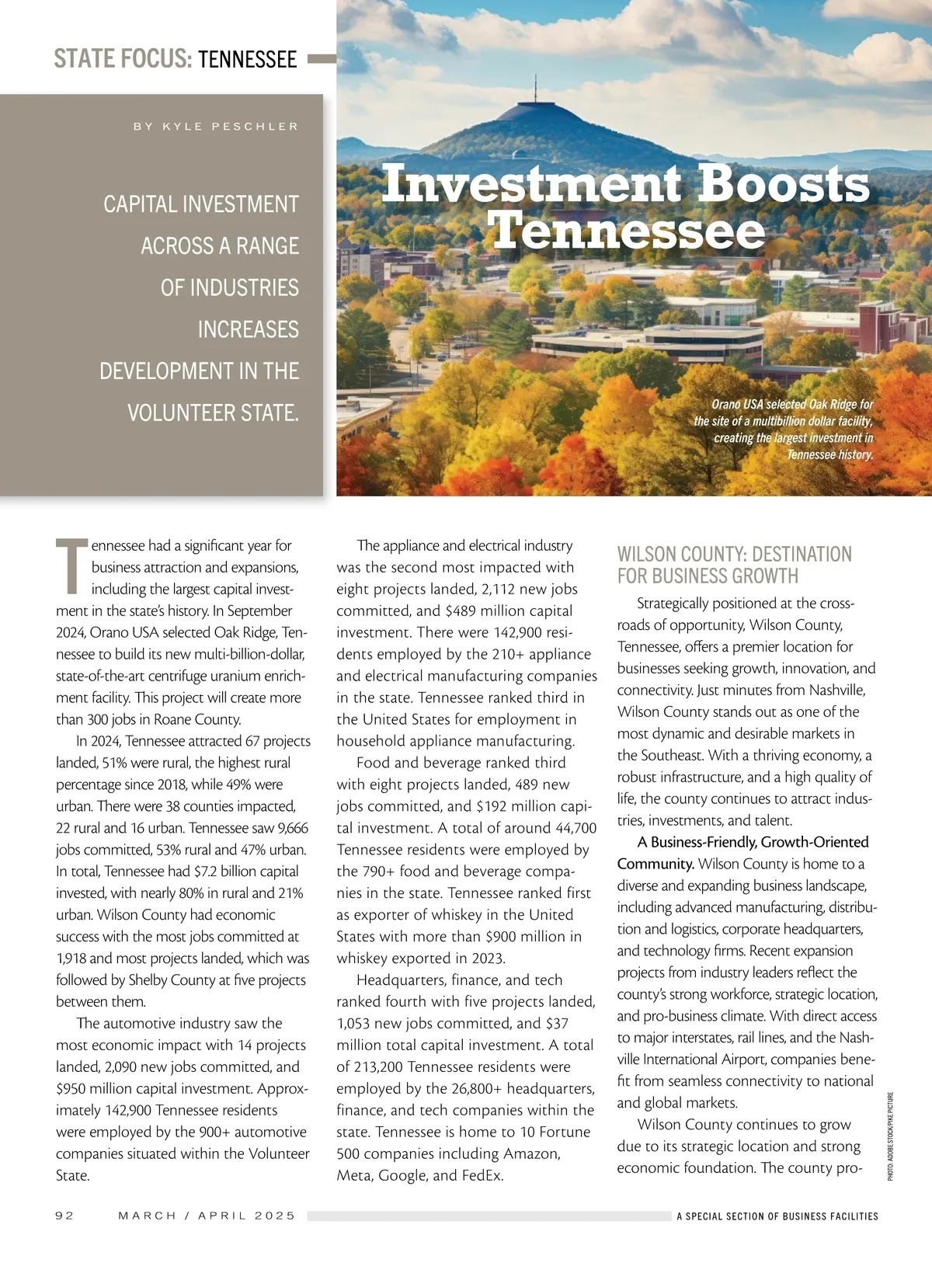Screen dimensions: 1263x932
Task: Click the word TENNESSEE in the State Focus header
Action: (247, 59)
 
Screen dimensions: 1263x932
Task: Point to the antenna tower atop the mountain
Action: (535, 88)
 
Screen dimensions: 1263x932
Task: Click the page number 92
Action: (65, 1216)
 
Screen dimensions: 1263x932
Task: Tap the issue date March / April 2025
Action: (207, 1216)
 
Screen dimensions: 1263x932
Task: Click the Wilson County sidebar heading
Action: (734, 565)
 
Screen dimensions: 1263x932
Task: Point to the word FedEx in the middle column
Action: (482, 1175)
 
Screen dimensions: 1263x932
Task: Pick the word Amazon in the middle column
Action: (532, 1153)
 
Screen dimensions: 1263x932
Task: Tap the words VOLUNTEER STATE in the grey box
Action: (213, 412)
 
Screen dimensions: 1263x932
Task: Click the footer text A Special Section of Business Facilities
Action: (777, 1216)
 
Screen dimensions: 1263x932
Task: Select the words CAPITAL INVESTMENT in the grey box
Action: (201, 204)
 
